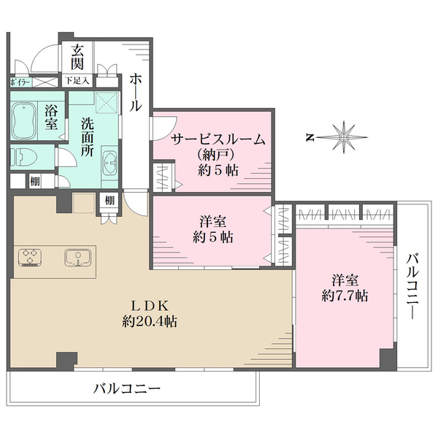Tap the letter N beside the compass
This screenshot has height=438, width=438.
click(310, 137)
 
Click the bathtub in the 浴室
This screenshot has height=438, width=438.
click(26, 118)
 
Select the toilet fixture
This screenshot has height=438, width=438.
click(21, 156)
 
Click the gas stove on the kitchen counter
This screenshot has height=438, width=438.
click(31, 258)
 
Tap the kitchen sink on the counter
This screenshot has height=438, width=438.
click(77, 258)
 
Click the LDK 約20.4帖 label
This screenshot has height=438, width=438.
click(151, 312)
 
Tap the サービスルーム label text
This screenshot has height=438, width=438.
click(217, 140)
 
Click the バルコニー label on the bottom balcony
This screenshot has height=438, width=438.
click(126, 388)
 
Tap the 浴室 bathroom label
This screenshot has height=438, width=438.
click(52, 118)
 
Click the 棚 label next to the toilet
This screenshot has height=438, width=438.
click(34, 181)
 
